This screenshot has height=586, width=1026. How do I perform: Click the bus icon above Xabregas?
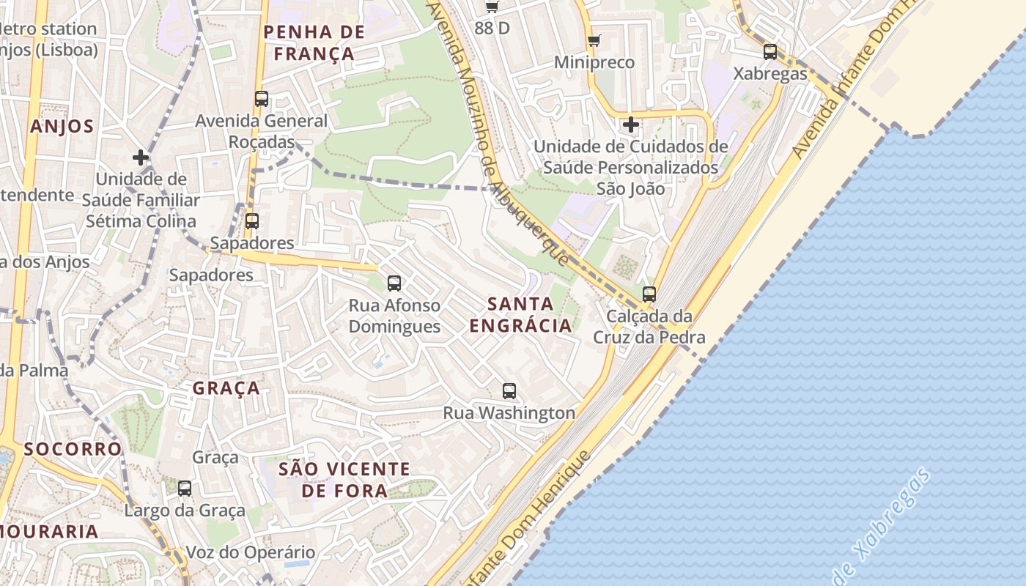click(x=770, y=51)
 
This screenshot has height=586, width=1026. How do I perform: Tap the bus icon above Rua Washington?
click(x=509, y=390)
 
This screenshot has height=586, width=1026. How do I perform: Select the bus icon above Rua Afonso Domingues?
click(x=394, y=283)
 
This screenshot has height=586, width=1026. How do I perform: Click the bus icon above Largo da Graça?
click(x=185, y=488)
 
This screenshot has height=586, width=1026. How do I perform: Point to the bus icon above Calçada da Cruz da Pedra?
click(x=649, y=294)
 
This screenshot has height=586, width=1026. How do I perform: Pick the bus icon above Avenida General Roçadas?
click(x=262, y=98)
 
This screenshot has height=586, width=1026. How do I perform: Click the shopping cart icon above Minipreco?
click(x=594, y=40)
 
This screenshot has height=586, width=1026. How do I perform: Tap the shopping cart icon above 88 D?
click(x=492, y=7)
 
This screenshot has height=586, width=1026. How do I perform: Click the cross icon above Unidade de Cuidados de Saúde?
click(x=630, y=125)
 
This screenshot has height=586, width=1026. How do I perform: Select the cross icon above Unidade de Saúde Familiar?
click(x=140, y=157)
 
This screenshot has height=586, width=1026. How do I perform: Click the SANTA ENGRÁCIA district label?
click(x=520, y=314)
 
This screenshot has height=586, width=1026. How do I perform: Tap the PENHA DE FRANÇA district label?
click(x=314, y=42)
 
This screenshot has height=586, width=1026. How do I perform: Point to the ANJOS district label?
click(x=62, y=126)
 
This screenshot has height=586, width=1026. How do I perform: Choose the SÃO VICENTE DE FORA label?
click(x=344, y=480)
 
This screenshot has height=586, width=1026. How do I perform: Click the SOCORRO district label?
click(x=73, y=448)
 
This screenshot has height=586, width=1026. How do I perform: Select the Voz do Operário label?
click(x=251, y=552)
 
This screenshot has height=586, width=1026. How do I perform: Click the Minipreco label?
click(x=594, y=62)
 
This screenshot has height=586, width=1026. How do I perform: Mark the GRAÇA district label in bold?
click(x=226, y=387)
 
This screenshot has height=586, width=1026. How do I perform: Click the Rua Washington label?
click(x=509, y=413)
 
